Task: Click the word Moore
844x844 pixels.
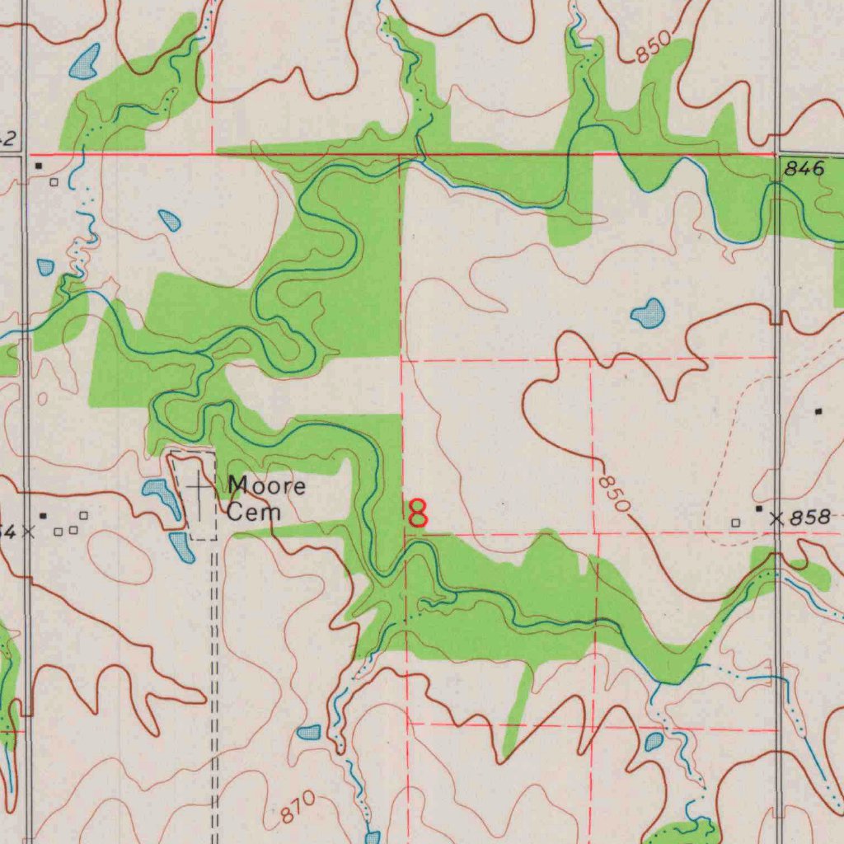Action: coord(266,485)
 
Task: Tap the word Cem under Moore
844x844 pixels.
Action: coord(254,512)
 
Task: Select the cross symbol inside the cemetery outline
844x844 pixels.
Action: coord(199,489)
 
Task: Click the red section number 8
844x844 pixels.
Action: coord(419,513)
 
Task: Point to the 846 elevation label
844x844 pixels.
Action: coord(804,169)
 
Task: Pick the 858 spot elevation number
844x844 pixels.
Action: coord(809,518)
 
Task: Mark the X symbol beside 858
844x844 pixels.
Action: coord(776,518)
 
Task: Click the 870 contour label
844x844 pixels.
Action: coord(297,808)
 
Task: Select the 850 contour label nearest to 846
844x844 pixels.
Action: coord(654,51)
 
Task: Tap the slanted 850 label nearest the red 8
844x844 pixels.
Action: coord(614,493)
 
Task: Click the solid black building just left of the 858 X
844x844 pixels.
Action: coord(759,510)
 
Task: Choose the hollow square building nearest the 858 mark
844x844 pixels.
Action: coord(736,523)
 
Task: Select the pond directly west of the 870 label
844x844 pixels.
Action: coord(309,732)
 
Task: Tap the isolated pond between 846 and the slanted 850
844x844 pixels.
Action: coord(648,313)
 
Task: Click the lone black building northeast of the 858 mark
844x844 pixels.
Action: coord(818,410)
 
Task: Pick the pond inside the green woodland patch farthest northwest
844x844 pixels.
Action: coord(85,61)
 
